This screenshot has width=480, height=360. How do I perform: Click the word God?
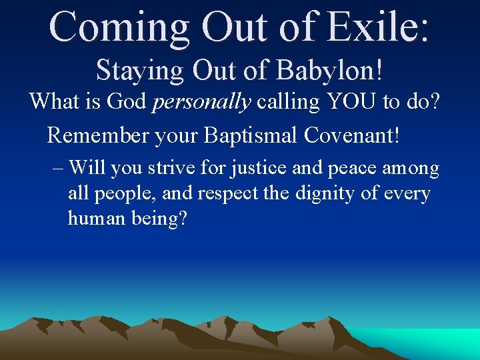125,101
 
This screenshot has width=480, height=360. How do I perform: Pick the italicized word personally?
202,102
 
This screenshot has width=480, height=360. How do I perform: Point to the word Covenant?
353,135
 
